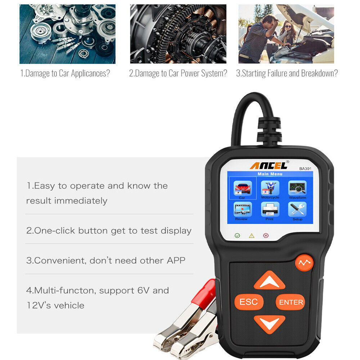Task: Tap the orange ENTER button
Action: [291, 302]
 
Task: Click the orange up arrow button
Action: [269, 281]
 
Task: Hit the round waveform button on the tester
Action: [304, 263]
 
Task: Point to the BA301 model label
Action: [305, 168]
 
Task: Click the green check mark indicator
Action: [237, 235]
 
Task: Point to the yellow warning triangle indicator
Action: [252, 235]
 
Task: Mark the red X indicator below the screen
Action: [266, 235]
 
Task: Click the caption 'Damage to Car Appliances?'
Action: [65, 73]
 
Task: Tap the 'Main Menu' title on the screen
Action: [270, 174]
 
